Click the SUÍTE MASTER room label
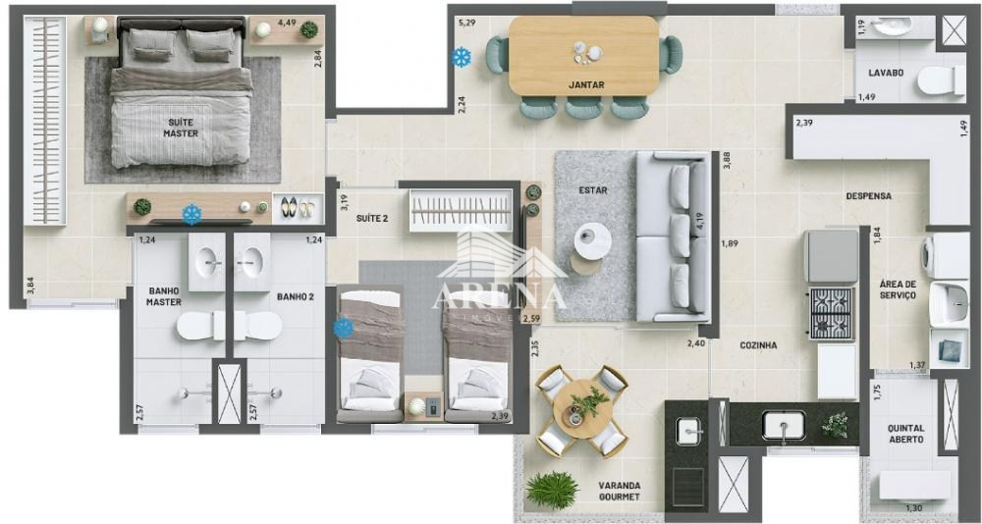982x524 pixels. (x=180, y=128)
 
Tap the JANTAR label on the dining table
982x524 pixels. (x=586, y=84)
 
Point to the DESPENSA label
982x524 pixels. (x=869, y=196)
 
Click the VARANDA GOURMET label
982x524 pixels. (x=620, y=491)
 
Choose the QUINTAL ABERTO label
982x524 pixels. (x=905, y=433)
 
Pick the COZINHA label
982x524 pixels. (x=758, y=345)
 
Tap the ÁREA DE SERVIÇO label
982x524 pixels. (x=898, y=289)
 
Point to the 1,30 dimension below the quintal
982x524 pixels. (x=913, y=507)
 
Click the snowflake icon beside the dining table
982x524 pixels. (x=460, y=58)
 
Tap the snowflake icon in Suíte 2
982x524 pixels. (x=344, y=329)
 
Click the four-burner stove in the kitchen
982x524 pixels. (x=831, y=312)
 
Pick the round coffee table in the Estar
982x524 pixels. (x=591, y=239)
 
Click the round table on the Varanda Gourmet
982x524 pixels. (x=582, y=409)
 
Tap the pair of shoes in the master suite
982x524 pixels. (x=297, y=208)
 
